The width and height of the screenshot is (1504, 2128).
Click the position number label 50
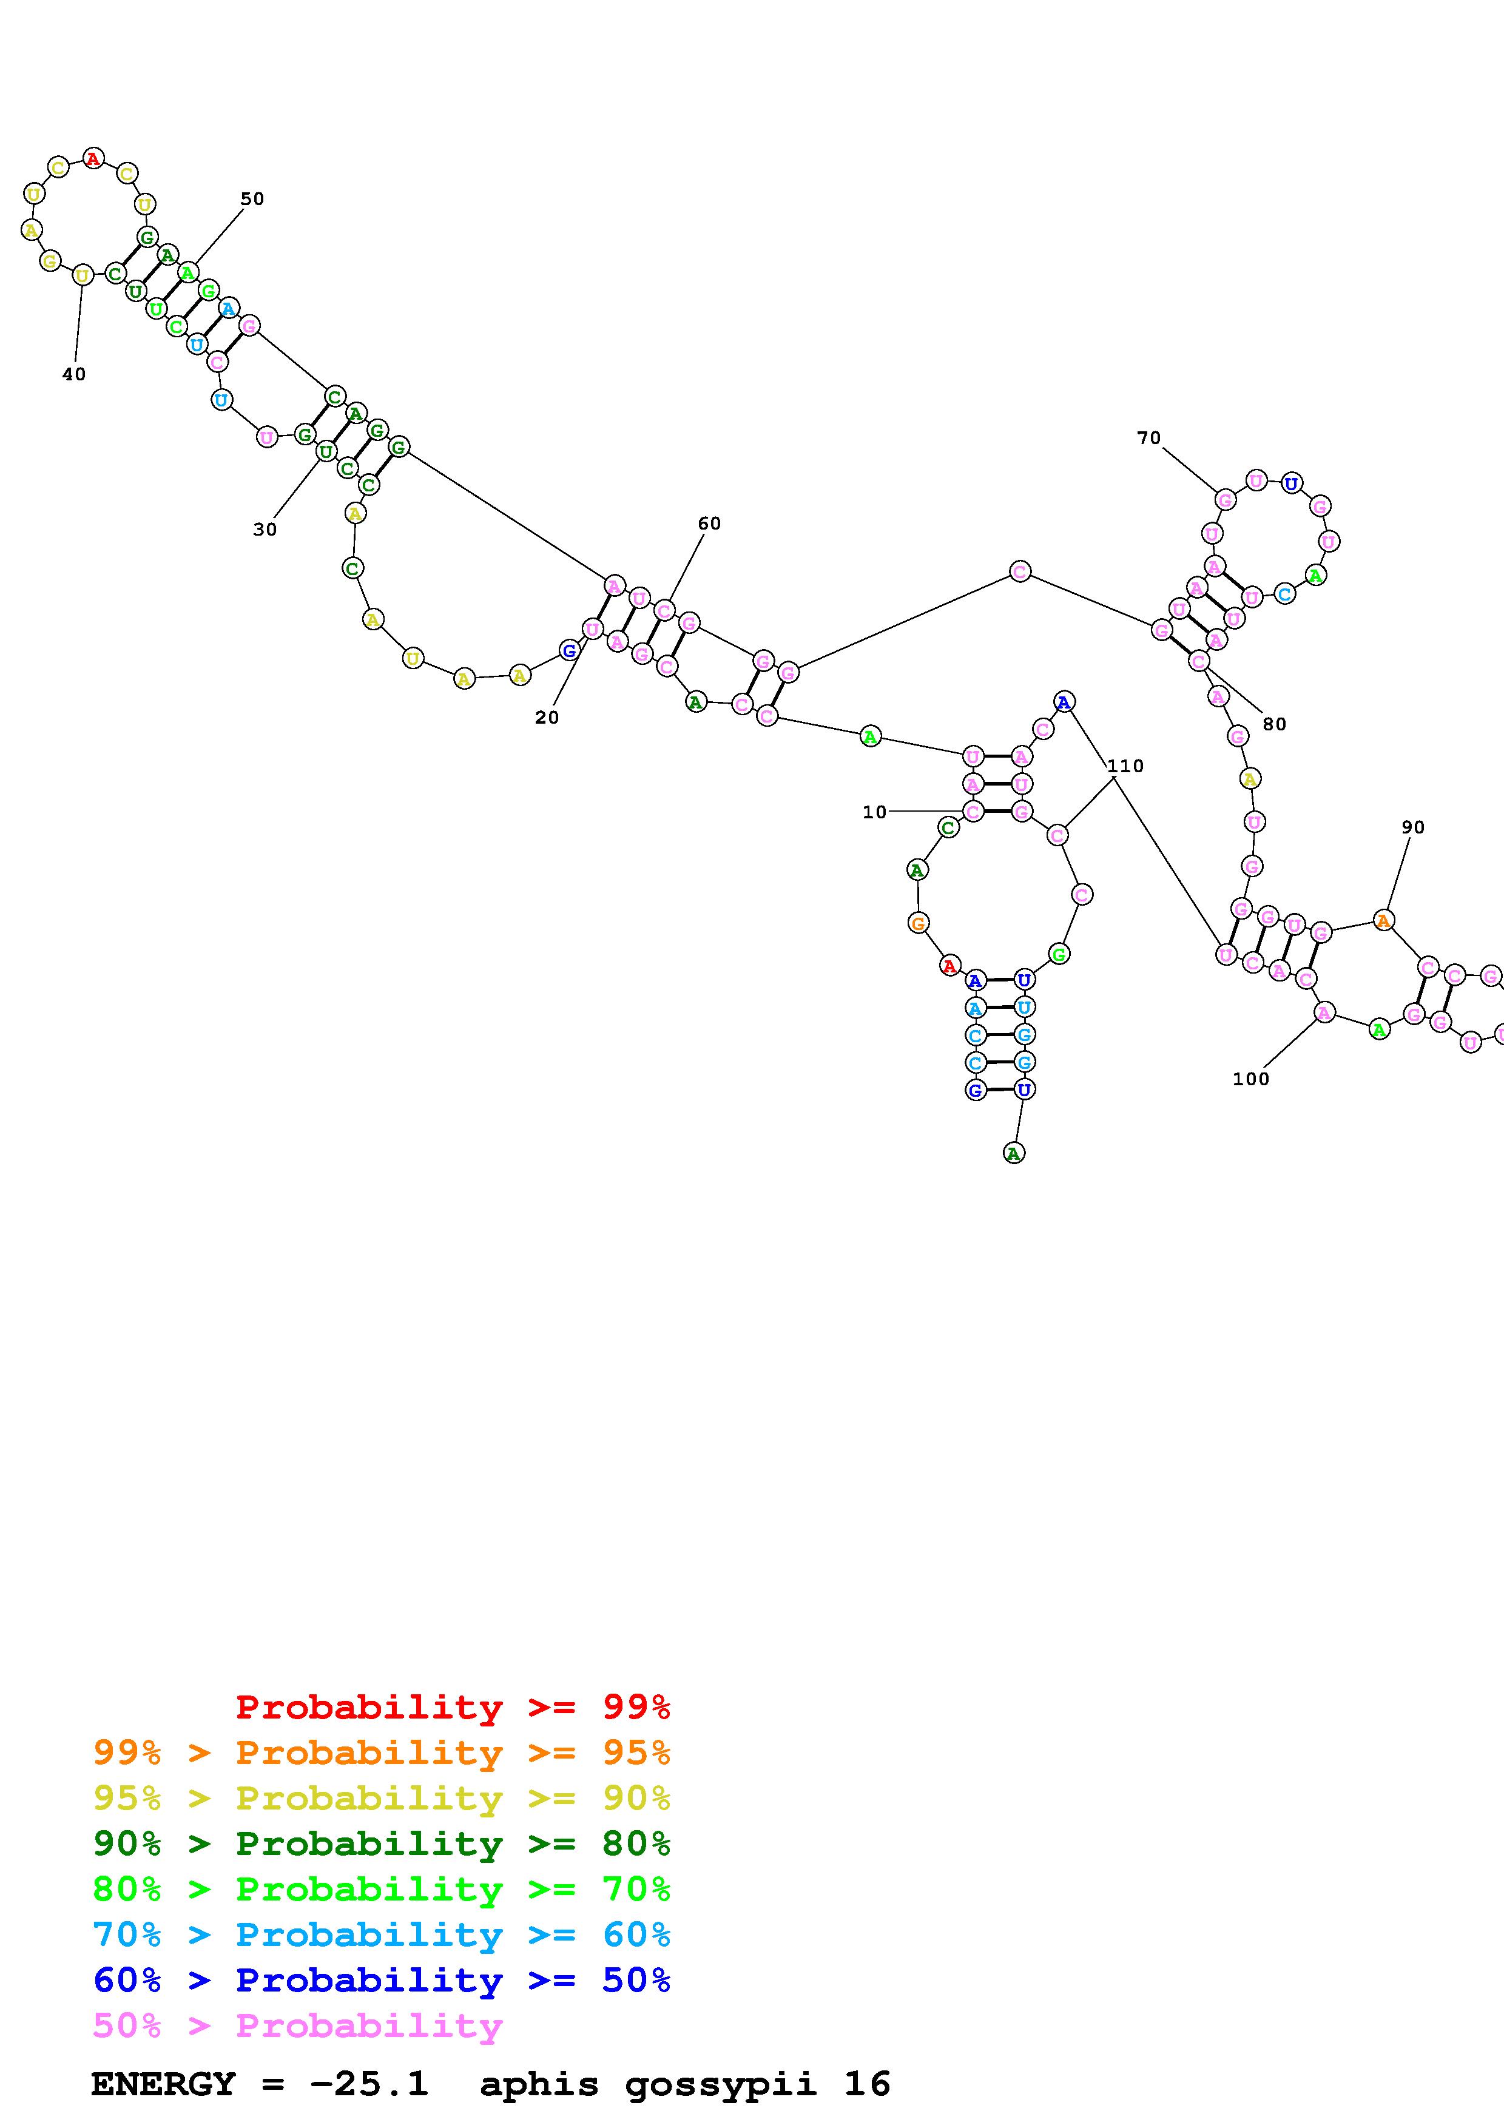click(252, 199)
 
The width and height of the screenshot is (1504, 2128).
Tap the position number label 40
click(74, 374)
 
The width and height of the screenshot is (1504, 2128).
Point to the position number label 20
click(547, 718)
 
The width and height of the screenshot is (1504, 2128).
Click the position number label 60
click(709, 524)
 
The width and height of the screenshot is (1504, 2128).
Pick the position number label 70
click(1149, 439)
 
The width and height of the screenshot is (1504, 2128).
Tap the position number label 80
click(1274, 725)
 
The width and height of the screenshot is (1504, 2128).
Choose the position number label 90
click(1413, 827)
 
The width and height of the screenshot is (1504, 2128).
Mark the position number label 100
click(1251, 1079)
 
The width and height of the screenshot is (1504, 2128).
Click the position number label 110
click(1125, 767)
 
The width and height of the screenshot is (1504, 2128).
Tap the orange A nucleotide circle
click(1383, 920)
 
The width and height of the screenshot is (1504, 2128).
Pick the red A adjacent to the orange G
click(949, 967)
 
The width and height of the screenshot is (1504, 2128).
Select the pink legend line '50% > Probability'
click(297, 2026)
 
